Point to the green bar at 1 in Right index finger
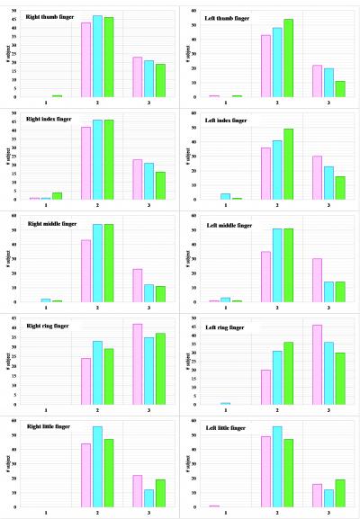58,196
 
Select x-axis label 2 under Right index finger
97,205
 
